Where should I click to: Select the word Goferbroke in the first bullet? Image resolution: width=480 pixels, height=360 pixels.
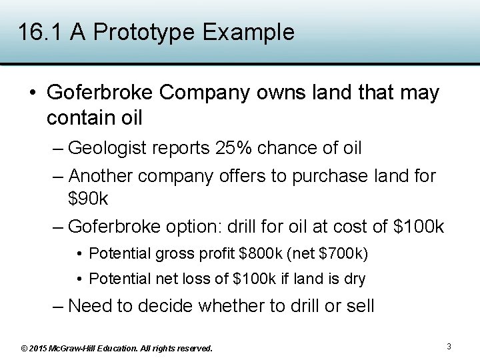click(100, 93)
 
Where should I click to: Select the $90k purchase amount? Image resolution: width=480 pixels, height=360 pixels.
click(88, 198)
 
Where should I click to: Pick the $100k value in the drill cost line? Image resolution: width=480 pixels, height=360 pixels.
click(419, 227)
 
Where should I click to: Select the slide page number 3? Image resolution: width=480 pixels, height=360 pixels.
click(449, 347)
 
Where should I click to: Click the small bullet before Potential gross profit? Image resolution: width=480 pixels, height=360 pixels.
click(79, 254)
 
